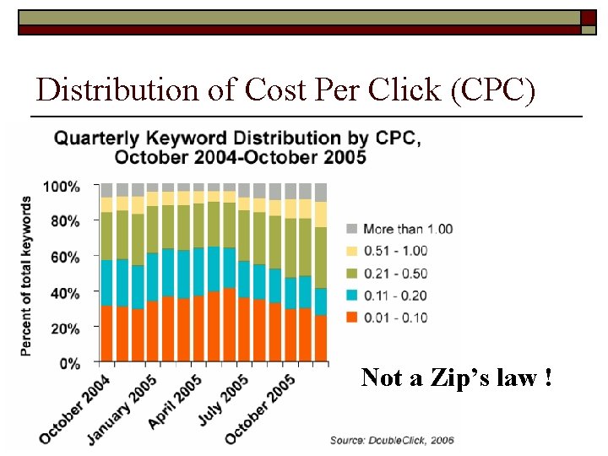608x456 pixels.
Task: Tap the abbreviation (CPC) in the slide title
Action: [x=494, y=90]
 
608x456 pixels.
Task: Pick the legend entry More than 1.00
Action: [x=408, y=229]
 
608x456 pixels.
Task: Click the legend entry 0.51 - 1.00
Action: [x=395, y=251]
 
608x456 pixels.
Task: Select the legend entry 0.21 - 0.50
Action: [x=395, y=273]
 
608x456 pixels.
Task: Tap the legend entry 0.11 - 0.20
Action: [x=395, y=296]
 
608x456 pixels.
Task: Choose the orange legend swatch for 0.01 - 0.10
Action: [x=351, y=318]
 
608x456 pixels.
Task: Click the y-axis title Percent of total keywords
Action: [x=28, y=275]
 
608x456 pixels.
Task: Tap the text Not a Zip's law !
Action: [x=457, y=377]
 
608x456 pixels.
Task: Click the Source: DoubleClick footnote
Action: [x=391, y=440]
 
